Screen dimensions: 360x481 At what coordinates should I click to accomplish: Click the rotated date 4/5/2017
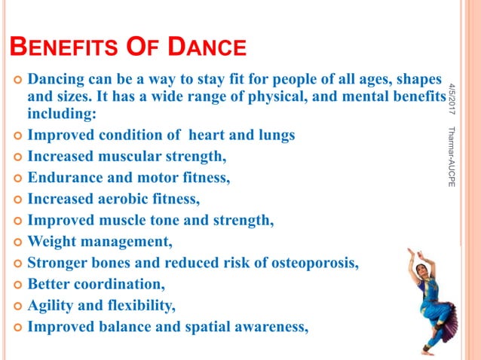coord(451,96)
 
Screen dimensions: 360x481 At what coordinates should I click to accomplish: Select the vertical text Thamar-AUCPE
coord(451,157)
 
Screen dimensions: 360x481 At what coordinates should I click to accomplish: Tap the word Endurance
coord(63,178)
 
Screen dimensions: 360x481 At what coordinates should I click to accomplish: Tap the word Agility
coord(51,306)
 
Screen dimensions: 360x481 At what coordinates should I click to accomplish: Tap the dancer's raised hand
coord(411,252)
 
